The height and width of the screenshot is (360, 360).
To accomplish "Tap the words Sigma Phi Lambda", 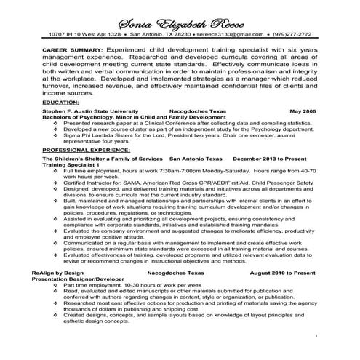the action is click(x=87, y=135).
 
